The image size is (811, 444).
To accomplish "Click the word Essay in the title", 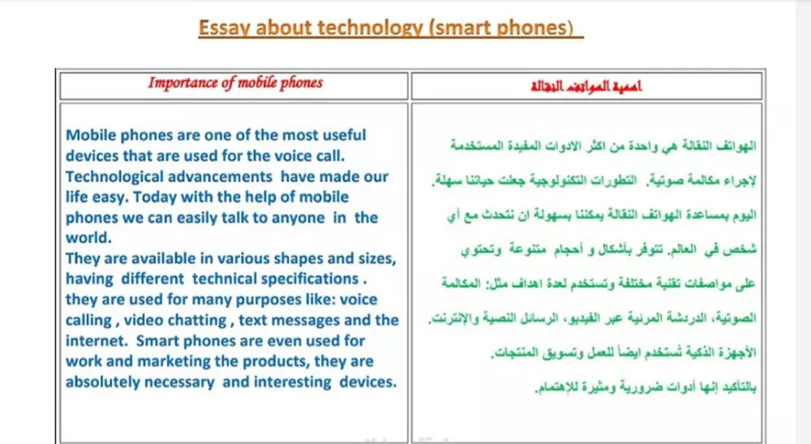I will click(222, 28).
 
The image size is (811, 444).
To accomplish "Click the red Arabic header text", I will click(586, 85).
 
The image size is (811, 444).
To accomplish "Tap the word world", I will click(87, 238).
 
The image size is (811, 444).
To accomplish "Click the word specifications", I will click(309, 278).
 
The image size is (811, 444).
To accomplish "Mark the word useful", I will click(334, 135).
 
